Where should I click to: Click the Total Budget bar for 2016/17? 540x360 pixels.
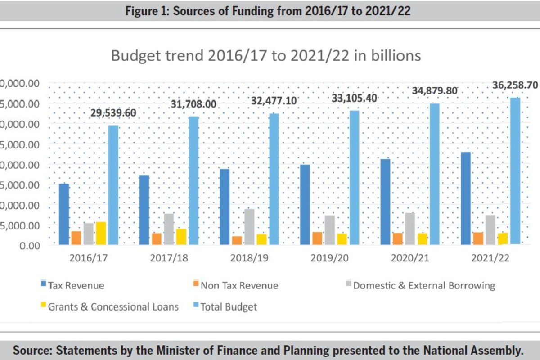(x=113, y=185)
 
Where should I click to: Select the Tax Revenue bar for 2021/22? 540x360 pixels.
(x=465, y=198)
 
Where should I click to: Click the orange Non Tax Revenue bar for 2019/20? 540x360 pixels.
(x=317, y=238)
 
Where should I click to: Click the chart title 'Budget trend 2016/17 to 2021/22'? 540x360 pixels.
(x=266, y=56)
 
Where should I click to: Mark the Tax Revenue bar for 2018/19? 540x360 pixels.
(x=225, y=207)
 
